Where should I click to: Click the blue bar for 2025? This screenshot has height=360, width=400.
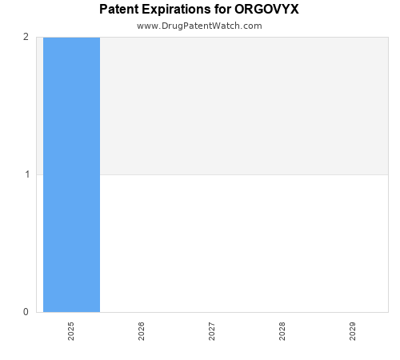(x=71, y=174)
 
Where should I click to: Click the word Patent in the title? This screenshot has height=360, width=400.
(x=120, y=10)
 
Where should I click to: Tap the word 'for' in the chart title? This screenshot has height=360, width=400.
(x=222, y=10)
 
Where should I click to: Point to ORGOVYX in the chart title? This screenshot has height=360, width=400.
(x=267, y=10)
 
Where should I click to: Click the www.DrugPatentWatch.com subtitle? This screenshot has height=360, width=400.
(x=199, y=26)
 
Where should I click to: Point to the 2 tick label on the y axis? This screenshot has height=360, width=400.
(x=26, y=37)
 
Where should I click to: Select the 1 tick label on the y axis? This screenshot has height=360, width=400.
(x=26, y=174)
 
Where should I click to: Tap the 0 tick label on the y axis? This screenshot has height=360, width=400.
(x=26, y=312)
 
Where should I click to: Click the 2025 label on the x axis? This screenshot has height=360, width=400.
(x=71, y=331)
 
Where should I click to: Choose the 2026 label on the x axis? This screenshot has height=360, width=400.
(x=142, y=331)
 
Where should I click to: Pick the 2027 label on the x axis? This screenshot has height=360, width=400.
(x=212, y=331)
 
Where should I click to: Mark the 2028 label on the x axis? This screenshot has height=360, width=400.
(x=282, y=331)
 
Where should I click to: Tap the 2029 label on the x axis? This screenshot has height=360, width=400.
(x=353, y=331)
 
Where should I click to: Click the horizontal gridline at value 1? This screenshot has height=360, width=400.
(x=240, y=174)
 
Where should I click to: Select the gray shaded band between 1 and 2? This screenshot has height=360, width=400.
(x=240, y=106)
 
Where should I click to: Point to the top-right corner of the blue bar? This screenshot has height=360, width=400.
(x=99, y=38)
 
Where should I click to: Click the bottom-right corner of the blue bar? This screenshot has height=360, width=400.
(x=99, y=311)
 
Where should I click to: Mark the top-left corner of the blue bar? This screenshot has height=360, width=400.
(x=44, y=38)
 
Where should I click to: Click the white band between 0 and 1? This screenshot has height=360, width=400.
(x=240, y=243)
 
